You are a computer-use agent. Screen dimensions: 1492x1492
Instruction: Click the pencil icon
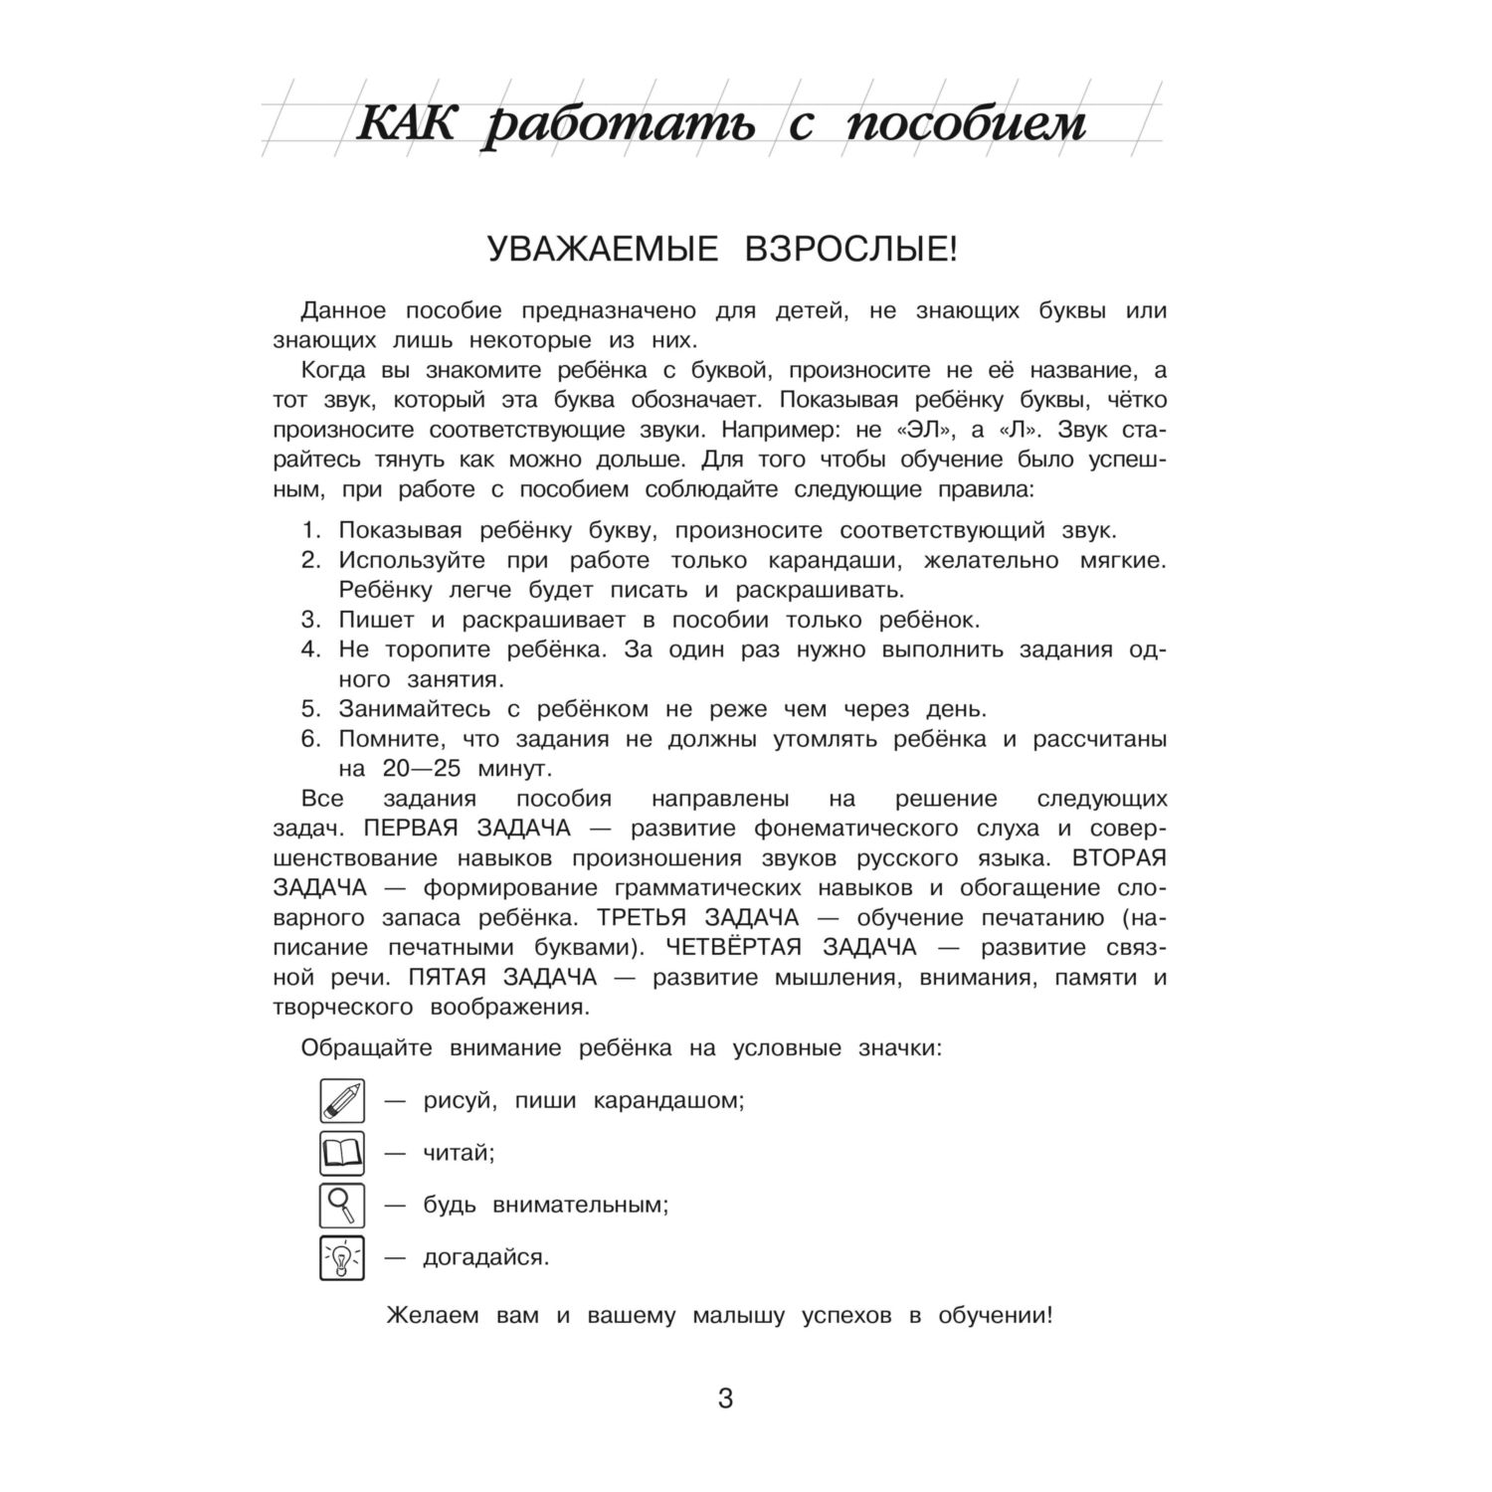pos(341,1101)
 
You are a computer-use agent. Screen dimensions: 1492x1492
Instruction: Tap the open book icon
pos(341,1154)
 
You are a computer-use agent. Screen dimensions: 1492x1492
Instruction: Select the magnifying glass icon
pos(341,1206)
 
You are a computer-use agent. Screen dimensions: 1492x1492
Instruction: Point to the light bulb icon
pos(341,1257)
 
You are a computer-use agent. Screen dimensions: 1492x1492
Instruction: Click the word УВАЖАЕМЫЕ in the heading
pos(603,250)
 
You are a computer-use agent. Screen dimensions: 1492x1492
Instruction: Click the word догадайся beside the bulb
pos(485,1258)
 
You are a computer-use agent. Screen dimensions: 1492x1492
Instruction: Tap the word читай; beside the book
pos(459,1154)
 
